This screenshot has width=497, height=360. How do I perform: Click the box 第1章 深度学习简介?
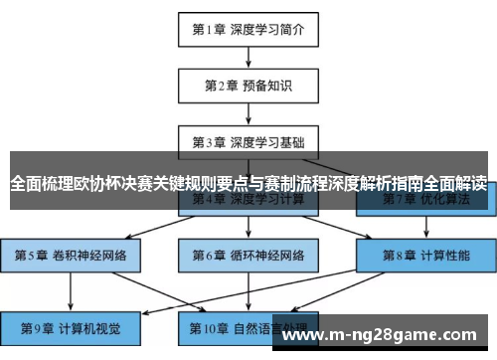click(248, 30)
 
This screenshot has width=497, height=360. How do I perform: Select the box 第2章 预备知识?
click(248, 86)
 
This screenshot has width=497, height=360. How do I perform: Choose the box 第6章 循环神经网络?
click(248, 256)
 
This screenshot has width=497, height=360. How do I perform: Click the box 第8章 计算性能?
click(425, 256)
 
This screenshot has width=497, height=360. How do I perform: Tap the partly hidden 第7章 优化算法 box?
click(425, 202)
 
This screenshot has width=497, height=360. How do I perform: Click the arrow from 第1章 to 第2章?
click(248, 57)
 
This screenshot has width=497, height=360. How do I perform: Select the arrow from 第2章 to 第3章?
click(248, 112)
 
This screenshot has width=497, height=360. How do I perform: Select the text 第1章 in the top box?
click(208, 30)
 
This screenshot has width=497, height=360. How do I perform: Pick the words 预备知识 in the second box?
click(262, 86)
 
